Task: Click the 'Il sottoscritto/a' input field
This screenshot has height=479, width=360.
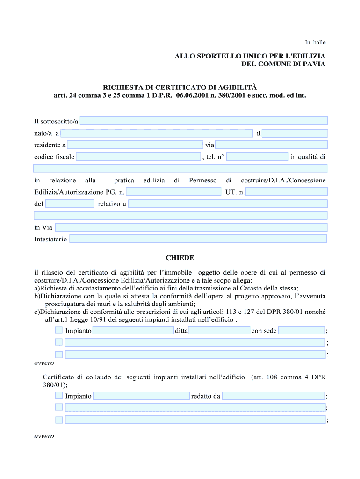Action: click(x=203, y=121)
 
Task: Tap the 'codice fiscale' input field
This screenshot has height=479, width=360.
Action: click(x=138, y=157)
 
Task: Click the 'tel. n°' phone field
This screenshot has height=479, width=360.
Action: click(x=257, y=157)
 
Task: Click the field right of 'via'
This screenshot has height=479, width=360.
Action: click(x=271, y=145)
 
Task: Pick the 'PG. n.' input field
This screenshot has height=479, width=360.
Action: click(x=173, y=192)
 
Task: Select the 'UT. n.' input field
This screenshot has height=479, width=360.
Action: click(x=286, y=192)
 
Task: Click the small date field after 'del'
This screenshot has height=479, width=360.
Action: click(x=70, y=204)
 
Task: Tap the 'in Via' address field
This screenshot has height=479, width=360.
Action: click(x=191, y=227)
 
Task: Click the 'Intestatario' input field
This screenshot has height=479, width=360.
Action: click(x=198, y=239)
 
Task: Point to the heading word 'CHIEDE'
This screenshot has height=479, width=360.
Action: click(x=180, y=258)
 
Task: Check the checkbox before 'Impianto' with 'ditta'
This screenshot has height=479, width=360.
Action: click(x=58, y=330)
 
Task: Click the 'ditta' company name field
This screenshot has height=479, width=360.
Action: click(x=219, y=331)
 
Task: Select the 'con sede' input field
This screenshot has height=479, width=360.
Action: click(x=302, y=331)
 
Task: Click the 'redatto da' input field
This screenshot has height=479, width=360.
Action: click(x=274, y=396)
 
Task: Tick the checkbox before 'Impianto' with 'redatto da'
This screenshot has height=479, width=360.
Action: click(x=58, y=396)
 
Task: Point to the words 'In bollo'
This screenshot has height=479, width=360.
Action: click(x=316, y=42)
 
